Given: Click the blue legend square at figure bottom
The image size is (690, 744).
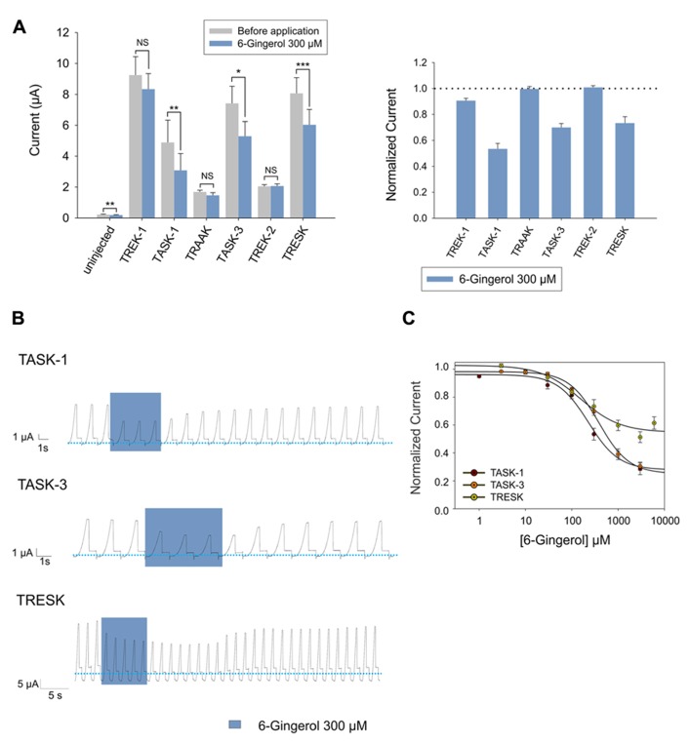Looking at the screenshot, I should point(235,725).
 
